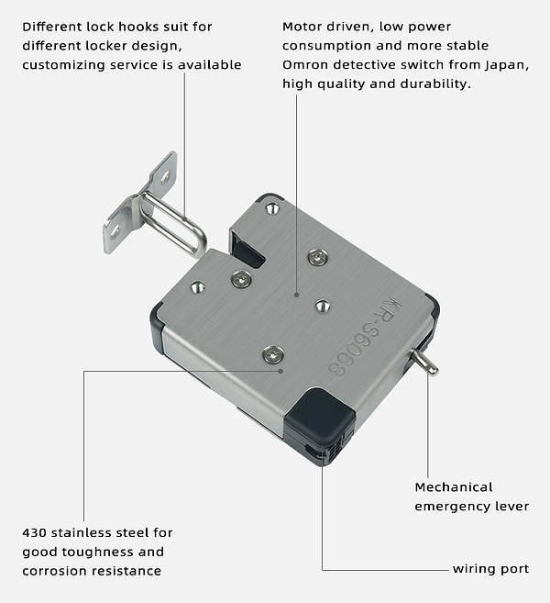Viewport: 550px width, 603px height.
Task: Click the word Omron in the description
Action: pyautogui.click(x=306, y=64)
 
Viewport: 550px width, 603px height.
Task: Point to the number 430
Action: pyautogui.click(x=37, y=532)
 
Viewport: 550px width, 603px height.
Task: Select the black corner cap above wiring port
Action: pyautogui.click(x=320, y=418)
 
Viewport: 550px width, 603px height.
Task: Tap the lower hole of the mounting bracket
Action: pyautogui.click(x=115, y=230)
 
